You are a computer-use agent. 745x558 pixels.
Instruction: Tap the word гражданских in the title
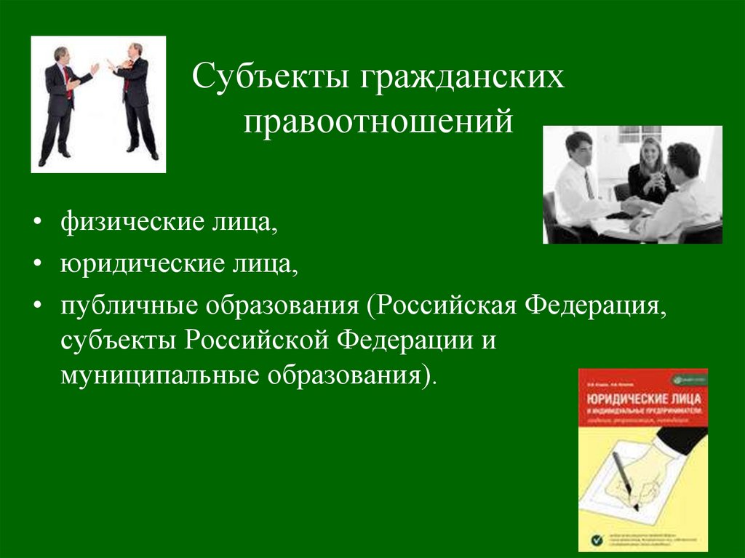tap(461, 78)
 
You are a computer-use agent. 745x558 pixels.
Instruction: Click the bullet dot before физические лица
tap(36, 221)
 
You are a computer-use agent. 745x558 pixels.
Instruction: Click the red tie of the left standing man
tap(67, 80)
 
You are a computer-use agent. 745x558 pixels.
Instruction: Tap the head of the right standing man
tap(135, 51)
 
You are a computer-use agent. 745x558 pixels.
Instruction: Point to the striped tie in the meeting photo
tap(589, 185)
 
